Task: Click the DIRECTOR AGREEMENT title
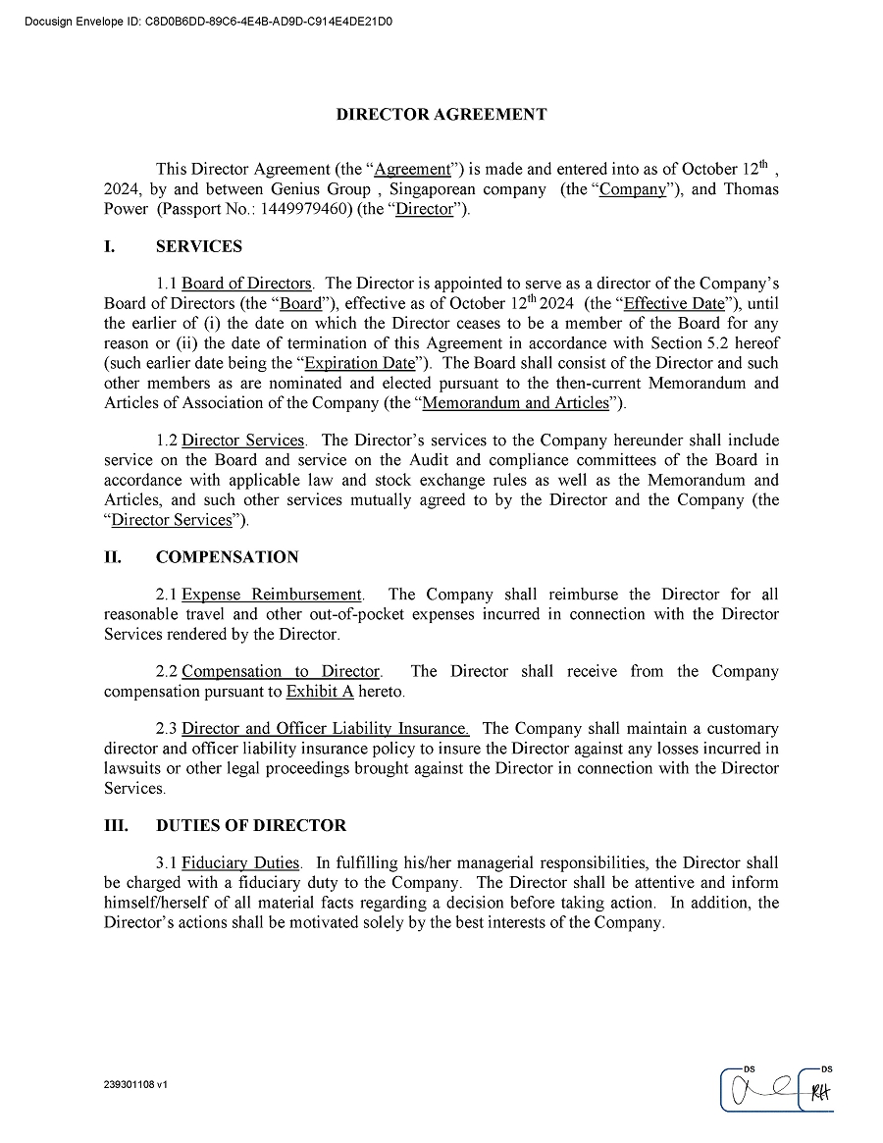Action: pyautogui.click(x=441, y=115)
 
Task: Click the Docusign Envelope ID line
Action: pyautogui.click(x=207, y=20)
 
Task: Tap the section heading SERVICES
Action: pyautogui.click(x=198, y=247)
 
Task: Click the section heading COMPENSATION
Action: pyautogui.click(x=227, y=557)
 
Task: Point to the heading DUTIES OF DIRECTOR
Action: pyautogui.click(x=250, y=826)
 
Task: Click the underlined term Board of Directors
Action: pyautogui.click(x=246, y=285)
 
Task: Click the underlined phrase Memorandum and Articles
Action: pyautogui.click(x=515, y=402)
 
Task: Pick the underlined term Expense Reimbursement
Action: pyautogui.click(x=272, y=595)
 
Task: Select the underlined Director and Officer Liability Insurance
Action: pyautogui.click(x=326, y=729)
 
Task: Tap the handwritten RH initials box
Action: pyautogui.click(x=818, y=1092)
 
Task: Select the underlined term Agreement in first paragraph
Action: pyautogui.click(x=412, y=169)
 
